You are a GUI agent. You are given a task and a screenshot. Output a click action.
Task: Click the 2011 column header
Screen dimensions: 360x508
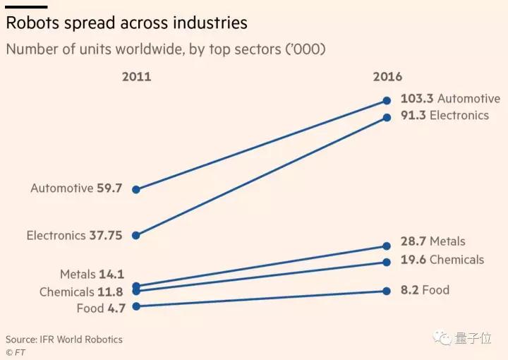point(136,77)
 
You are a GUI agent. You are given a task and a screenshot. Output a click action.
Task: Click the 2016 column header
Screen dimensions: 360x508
point(387,77)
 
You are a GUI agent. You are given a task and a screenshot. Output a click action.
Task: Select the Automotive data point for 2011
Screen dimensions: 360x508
point(136,189)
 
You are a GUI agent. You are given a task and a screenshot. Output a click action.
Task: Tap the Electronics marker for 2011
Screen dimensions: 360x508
point(136,236)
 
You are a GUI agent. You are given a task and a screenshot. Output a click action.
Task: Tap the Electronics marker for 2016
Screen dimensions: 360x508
point(387,117)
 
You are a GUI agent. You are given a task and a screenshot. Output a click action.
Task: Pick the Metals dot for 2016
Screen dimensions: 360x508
point(387,246)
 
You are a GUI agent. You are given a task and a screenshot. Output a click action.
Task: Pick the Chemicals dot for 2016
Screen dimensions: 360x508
point(387,262)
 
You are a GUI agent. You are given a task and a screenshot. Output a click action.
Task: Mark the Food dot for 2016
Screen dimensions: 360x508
point(387,291)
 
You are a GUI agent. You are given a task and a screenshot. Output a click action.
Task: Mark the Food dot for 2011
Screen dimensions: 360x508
point(136,306)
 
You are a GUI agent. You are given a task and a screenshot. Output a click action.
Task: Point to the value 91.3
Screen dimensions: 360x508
point(413,115)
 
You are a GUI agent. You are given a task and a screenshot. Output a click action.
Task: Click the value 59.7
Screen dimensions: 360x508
point(110,188)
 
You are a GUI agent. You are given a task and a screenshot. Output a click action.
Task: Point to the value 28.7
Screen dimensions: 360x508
point(413,241)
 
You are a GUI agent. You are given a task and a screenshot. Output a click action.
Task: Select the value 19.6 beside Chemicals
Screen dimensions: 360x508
point(413,260)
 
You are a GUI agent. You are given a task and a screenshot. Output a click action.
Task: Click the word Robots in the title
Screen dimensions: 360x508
point(31,23)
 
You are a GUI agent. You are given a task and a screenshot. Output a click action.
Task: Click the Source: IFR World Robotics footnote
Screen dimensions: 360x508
point(64,340)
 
